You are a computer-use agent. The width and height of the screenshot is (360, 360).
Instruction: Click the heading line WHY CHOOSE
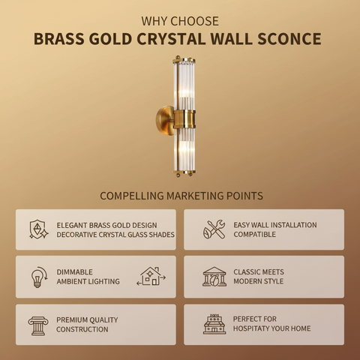[x=180, y=21]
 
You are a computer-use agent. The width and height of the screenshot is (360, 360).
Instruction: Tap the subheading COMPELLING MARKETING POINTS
[x=180, y=196]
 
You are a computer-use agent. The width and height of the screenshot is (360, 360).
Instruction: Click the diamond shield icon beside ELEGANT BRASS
[x=38, y=229]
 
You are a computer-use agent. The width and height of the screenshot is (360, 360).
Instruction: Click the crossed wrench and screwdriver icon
[x=214, y=229]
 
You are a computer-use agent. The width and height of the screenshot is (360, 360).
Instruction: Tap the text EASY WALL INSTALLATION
[x=274, y=225]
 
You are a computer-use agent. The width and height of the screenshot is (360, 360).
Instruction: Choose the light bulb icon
[x=38, y=277]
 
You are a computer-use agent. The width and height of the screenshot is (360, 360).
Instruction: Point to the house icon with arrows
[x=151, y=277]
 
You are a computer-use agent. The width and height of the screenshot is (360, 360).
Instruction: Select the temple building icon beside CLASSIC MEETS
[x=214, y=277]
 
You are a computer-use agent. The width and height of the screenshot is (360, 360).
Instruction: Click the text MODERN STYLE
[x=258, y=282]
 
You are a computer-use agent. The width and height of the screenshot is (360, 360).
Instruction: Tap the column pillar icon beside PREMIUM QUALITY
[x=37, y=325]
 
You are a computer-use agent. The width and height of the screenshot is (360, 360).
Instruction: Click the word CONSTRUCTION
[x=82, y=329]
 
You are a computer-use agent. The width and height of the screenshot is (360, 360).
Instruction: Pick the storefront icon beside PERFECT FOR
[x=214, y=324]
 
